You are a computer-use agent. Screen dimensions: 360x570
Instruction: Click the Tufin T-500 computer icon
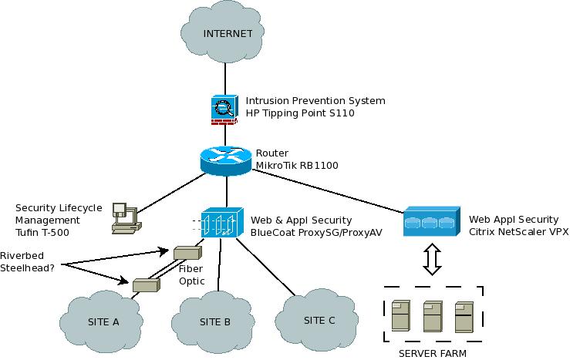coord(123,217)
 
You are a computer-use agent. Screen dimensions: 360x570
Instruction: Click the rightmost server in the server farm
coord(463,316)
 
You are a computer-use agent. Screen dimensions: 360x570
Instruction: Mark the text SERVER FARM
coord(432,353)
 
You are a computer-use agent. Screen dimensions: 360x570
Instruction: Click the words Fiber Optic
coord(191,275)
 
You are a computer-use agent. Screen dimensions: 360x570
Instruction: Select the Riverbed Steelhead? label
coord(30,261)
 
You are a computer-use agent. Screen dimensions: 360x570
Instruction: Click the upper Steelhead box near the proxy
coord(187,252)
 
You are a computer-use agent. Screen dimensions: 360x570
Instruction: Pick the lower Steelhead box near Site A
coord(145,284)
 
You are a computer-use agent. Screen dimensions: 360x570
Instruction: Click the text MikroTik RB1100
coord(297,165)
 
